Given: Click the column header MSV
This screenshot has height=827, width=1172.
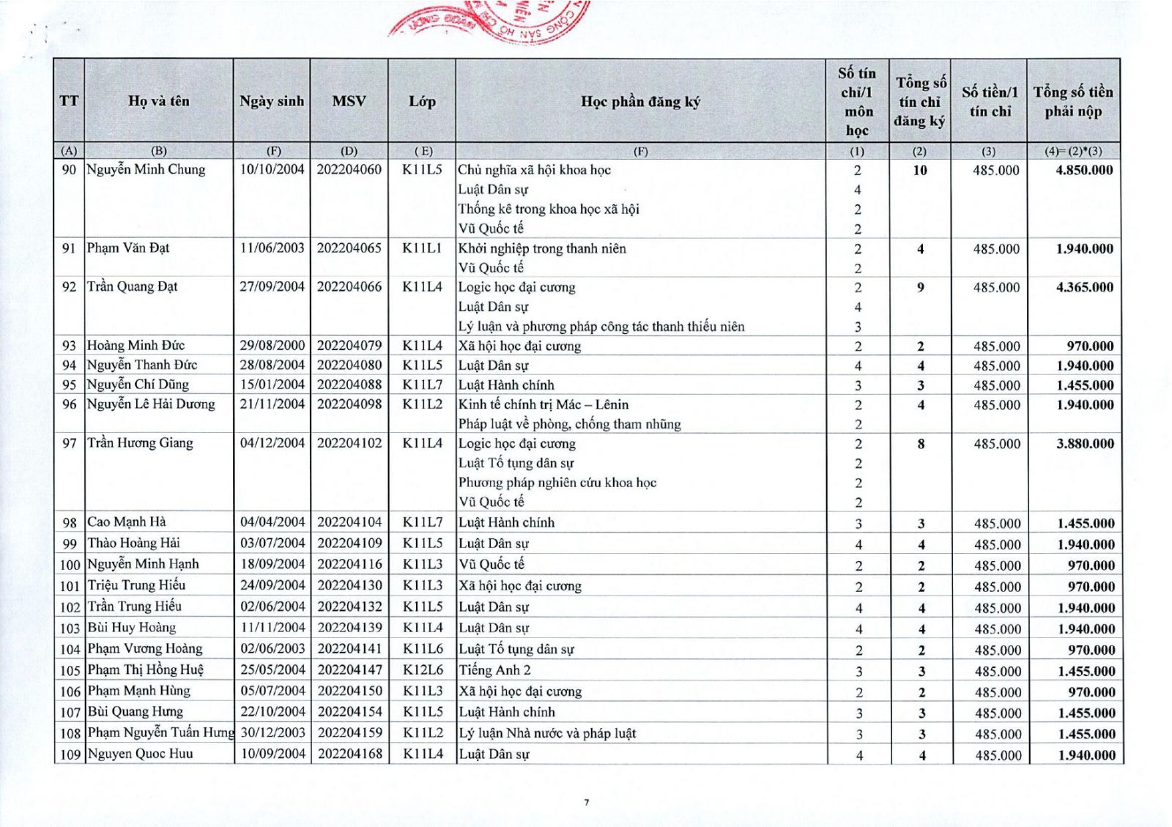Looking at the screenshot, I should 349,101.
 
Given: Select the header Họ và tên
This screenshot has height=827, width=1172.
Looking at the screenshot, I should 158,101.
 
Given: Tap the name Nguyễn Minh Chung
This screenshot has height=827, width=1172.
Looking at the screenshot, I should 146,170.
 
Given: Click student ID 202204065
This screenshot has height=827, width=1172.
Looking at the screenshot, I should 349,248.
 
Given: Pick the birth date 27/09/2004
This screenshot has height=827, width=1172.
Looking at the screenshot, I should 272,287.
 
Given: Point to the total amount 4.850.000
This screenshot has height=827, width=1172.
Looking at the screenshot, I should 1084,170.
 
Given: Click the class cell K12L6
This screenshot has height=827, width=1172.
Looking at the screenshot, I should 423,670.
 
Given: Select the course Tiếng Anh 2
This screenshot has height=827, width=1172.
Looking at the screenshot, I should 495,670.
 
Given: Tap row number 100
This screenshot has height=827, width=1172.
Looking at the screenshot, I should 70,565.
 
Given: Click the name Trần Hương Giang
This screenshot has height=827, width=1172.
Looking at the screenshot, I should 140,443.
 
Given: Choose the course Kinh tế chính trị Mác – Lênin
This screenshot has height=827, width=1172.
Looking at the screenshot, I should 543,404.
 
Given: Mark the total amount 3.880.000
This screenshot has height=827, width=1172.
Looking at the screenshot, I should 1085,444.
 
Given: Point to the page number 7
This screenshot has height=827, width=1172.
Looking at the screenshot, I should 586,802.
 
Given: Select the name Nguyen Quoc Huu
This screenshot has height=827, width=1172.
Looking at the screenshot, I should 140,754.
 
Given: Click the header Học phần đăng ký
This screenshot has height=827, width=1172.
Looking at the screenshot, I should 640,102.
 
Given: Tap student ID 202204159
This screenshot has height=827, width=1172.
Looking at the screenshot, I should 350,733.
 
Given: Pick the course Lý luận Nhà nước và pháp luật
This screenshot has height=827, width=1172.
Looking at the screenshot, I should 547,733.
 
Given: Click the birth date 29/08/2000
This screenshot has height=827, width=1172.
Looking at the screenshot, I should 272,346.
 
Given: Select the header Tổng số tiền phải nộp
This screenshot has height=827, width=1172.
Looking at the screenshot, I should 1073,102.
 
